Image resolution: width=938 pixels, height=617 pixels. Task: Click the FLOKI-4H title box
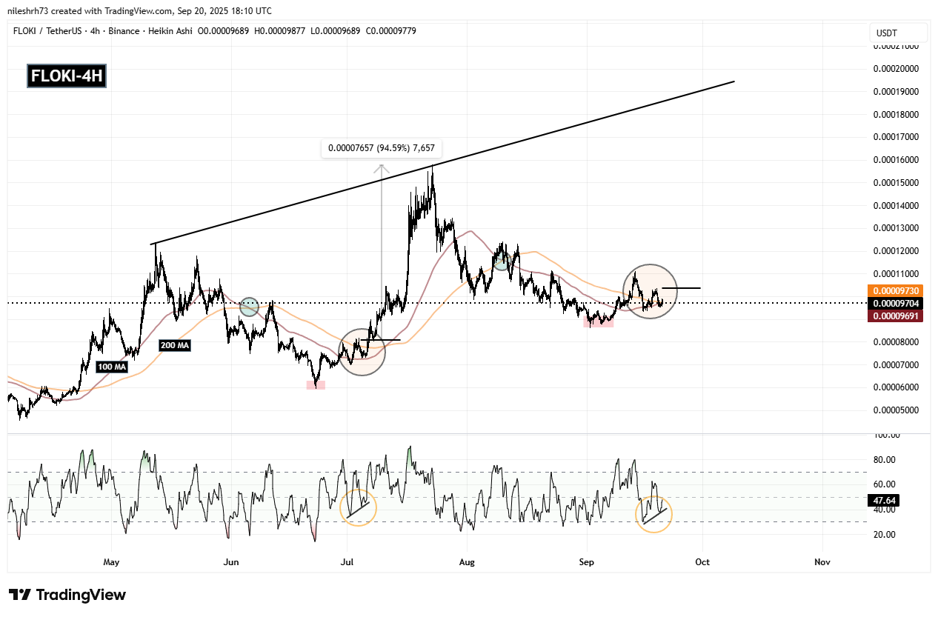(x=67, y=76)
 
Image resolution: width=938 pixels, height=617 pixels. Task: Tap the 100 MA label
(x=111, y=366)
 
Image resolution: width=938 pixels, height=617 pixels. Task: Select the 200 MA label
(x=175, y=344)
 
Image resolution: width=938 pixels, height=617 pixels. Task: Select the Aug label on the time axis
(x=466, y=562)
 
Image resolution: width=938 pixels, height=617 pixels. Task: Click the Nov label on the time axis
(x=822, y=562)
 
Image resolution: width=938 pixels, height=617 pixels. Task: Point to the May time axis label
(x=111, y=562)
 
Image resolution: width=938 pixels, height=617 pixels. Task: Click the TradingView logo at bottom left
(x=67, y=595)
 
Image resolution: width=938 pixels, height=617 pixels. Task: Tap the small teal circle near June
(x=250, y=306)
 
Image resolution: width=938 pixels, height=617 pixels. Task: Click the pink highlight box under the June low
(x=316, y=385)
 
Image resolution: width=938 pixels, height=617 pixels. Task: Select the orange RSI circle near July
(x=359, y=508)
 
